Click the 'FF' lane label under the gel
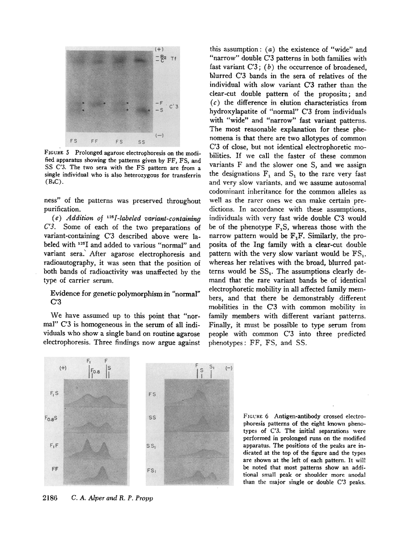pyautogui.click(x=94, y=141)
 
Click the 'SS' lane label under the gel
pyautogui.click(x=142, y=141)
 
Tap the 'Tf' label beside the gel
pyautogui.click(x=173, y=58)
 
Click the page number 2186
pyautogui.click(x=54, y=499)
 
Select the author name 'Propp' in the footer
pyautogui.click(x=142, y=499)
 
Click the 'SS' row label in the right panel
pyautogui.click(x=153, y=418)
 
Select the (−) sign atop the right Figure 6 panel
pyautogui.click(x=228, y=368)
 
